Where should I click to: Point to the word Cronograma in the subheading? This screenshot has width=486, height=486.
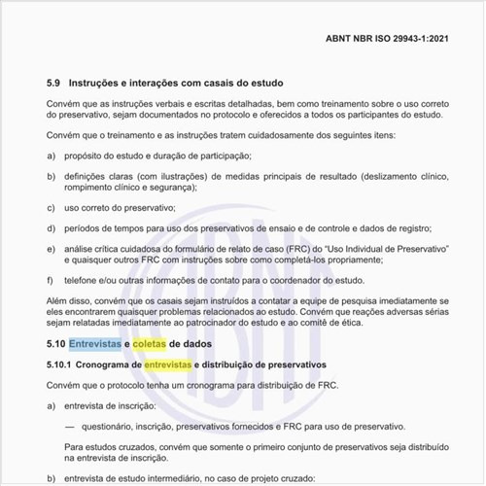tap(104, 364)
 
